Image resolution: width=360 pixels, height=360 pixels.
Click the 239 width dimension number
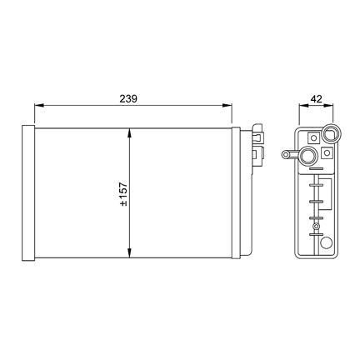click(128, 98)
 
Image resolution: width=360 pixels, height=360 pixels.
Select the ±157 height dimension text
click(123, 193)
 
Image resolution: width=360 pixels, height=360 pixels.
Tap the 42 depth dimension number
click(316, 98)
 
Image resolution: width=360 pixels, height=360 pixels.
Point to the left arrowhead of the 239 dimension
click(39, 105)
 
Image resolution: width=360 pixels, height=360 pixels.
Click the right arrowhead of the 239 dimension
click(227, 105)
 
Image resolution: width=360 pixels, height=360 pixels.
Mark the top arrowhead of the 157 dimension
click(129, 133)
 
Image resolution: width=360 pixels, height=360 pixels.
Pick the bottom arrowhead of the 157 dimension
click(129, 252)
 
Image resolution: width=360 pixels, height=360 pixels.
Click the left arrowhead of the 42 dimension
click(302, 105)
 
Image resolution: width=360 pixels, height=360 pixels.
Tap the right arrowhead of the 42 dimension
click(328, 105)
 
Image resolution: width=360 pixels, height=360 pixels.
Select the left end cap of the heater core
click(28, 192)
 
